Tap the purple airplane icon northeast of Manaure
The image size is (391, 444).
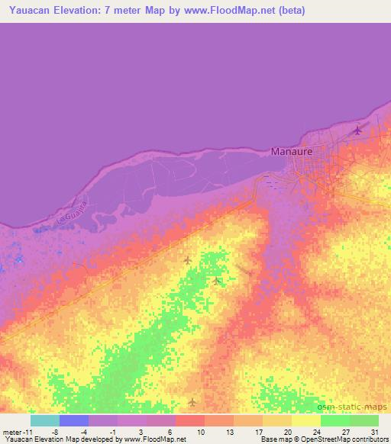click(x=357, y=130)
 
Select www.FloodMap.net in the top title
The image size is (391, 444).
click(x=240, y=10)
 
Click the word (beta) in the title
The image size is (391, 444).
click(x=289, y=10)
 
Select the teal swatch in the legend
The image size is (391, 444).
click(x=45, y=420)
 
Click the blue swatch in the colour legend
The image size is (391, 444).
click(x=74, y=420)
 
